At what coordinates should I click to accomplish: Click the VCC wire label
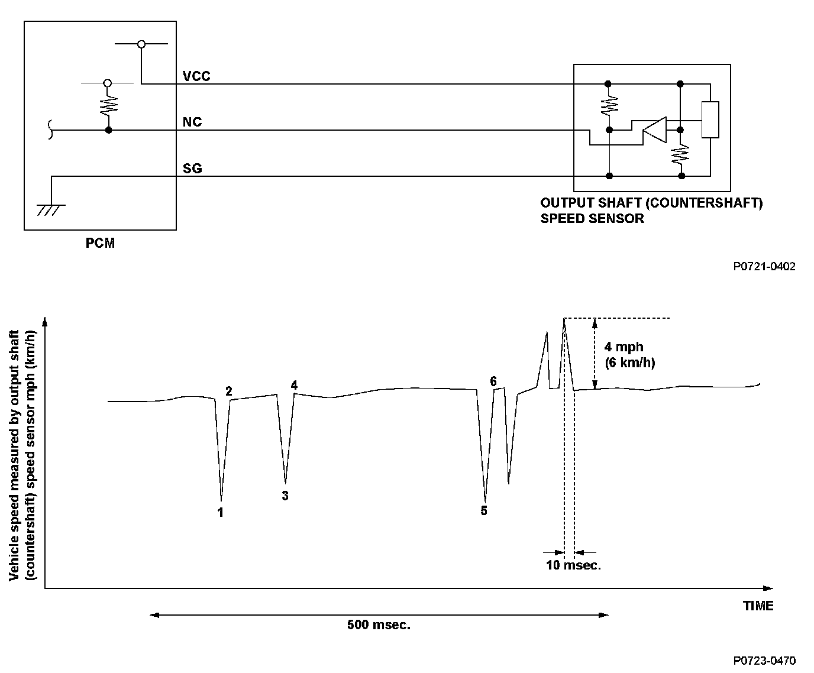(196, 76)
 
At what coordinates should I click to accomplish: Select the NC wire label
(192, 122)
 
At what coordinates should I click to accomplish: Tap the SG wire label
(192, 169)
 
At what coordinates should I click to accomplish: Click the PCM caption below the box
(100, 243)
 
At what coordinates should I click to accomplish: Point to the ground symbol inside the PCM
(51, 209)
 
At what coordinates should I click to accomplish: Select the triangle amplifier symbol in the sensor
(654, 130)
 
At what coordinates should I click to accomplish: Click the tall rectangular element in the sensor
(710, 120)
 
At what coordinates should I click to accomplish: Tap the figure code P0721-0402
(764, 267)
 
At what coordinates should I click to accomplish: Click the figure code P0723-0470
(764, 661)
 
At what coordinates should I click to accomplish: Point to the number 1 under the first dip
(221, 513)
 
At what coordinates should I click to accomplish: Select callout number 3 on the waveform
(285, 496)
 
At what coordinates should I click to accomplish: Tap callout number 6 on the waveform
(493, 381)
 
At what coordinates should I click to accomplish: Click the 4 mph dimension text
(623, 347)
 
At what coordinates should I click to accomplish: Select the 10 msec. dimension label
(573, 565)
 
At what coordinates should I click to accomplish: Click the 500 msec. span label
(379, 625)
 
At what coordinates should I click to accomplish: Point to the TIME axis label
(758, 606)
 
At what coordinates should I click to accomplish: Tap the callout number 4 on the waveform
(294, 386)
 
